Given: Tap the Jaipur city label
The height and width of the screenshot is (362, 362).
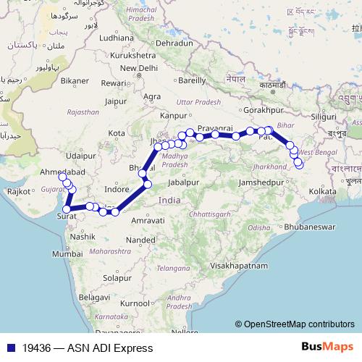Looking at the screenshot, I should coord(116,102).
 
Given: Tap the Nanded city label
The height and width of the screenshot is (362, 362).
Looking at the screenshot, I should coord(139,240).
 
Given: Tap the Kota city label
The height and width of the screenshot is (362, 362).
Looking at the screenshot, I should coord(117,133).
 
